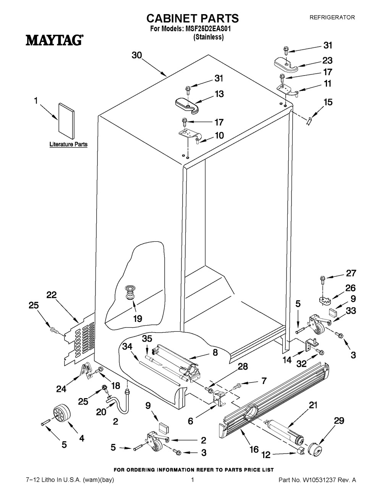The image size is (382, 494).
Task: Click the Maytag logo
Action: [55, 40]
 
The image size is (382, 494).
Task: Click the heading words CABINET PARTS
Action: [193, 18]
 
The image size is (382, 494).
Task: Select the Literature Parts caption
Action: [68, 145]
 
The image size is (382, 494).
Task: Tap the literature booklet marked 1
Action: [65, 120]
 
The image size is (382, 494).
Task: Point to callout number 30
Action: [137, 55]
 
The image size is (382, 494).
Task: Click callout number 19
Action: [137, 318]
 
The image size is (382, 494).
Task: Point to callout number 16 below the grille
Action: [254, 449]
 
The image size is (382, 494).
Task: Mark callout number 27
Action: [351, 273]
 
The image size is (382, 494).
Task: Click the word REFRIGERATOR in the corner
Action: [332, 17]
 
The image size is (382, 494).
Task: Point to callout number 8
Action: [215, 353]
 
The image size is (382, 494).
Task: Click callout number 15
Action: [328, 102]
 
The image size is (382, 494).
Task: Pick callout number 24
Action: [61, 389]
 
